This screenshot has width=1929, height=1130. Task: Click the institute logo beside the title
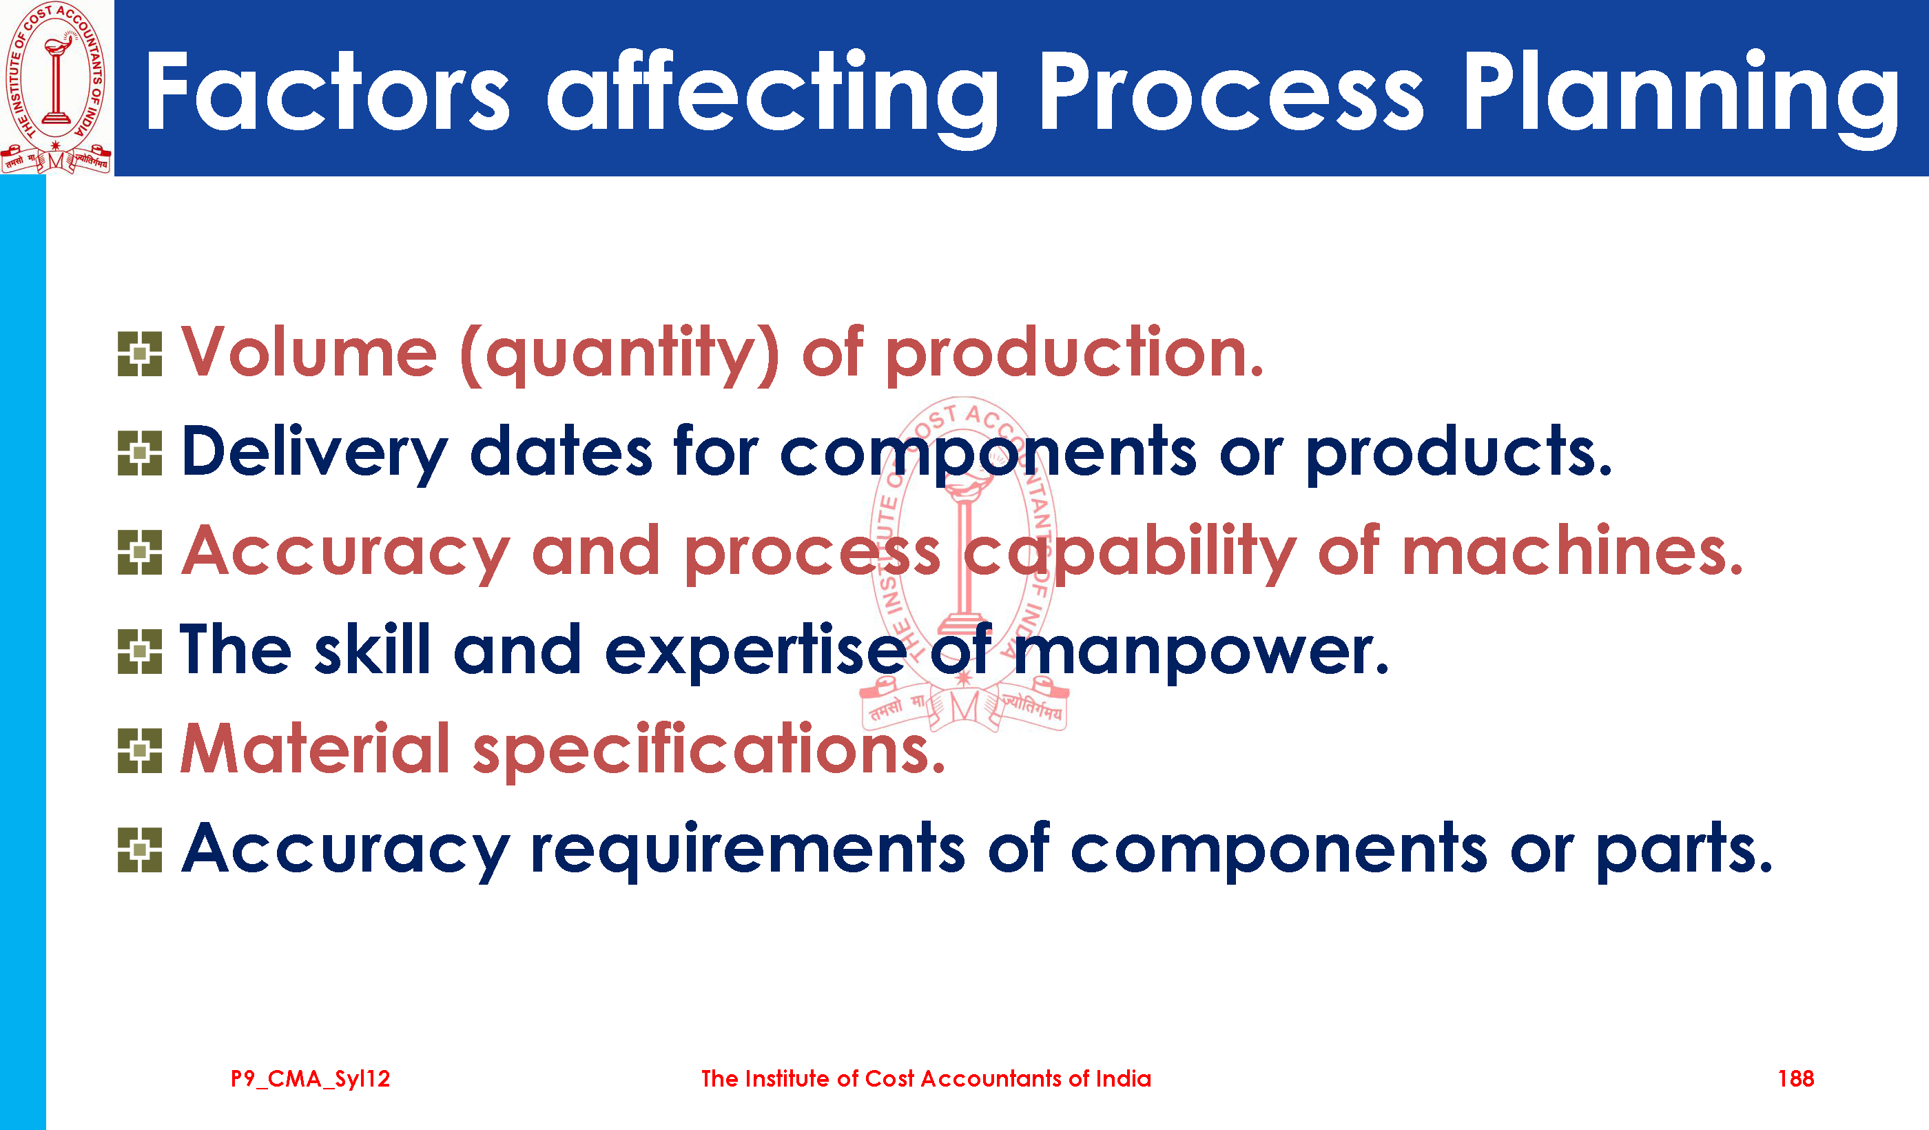pyautogui.click(x=56, y=88)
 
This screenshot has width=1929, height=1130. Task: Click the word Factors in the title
pyautogui.click(x=327, y=92)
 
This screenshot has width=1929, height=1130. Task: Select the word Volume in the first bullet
pyautogui.click(x=309, y=352)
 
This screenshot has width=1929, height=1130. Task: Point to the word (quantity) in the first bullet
pyautogui.click(x=620, y=354)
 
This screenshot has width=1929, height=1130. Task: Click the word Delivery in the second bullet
pyautogui.click(x=315, y=453)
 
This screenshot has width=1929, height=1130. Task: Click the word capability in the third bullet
pyautogui.click(x=1130, y=553)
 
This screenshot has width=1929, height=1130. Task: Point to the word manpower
pyautogui.click(x=1201, y=653)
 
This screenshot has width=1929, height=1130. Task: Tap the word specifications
pyautogui.click(x=710, y=750)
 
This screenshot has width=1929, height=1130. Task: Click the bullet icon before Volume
pyautogui.click(x=140, y=353)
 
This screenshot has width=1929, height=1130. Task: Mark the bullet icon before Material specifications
pyautogui.click(x=140, y=750)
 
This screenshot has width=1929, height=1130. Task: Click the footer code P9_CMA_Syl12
pyautogui.click(x=310, y=1079)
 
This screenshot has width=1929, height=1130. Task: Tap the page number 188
pyautogui.click(x=1795, y=1079)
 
